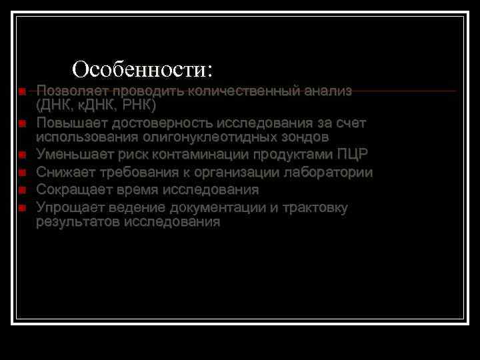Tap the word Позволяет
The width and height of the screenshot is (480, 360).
click(73, 91)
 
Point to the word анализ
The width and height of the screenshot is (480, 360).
click(327, 91)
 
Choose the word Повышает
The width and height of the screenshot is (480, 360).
click(71, 123)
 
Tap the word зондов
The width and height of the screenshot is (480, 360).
click(306, 137)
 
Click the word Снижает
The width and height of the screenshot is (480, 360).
click(65, 173)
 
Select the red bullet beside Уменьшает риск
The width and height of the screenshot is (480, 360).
click(22, 155)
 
